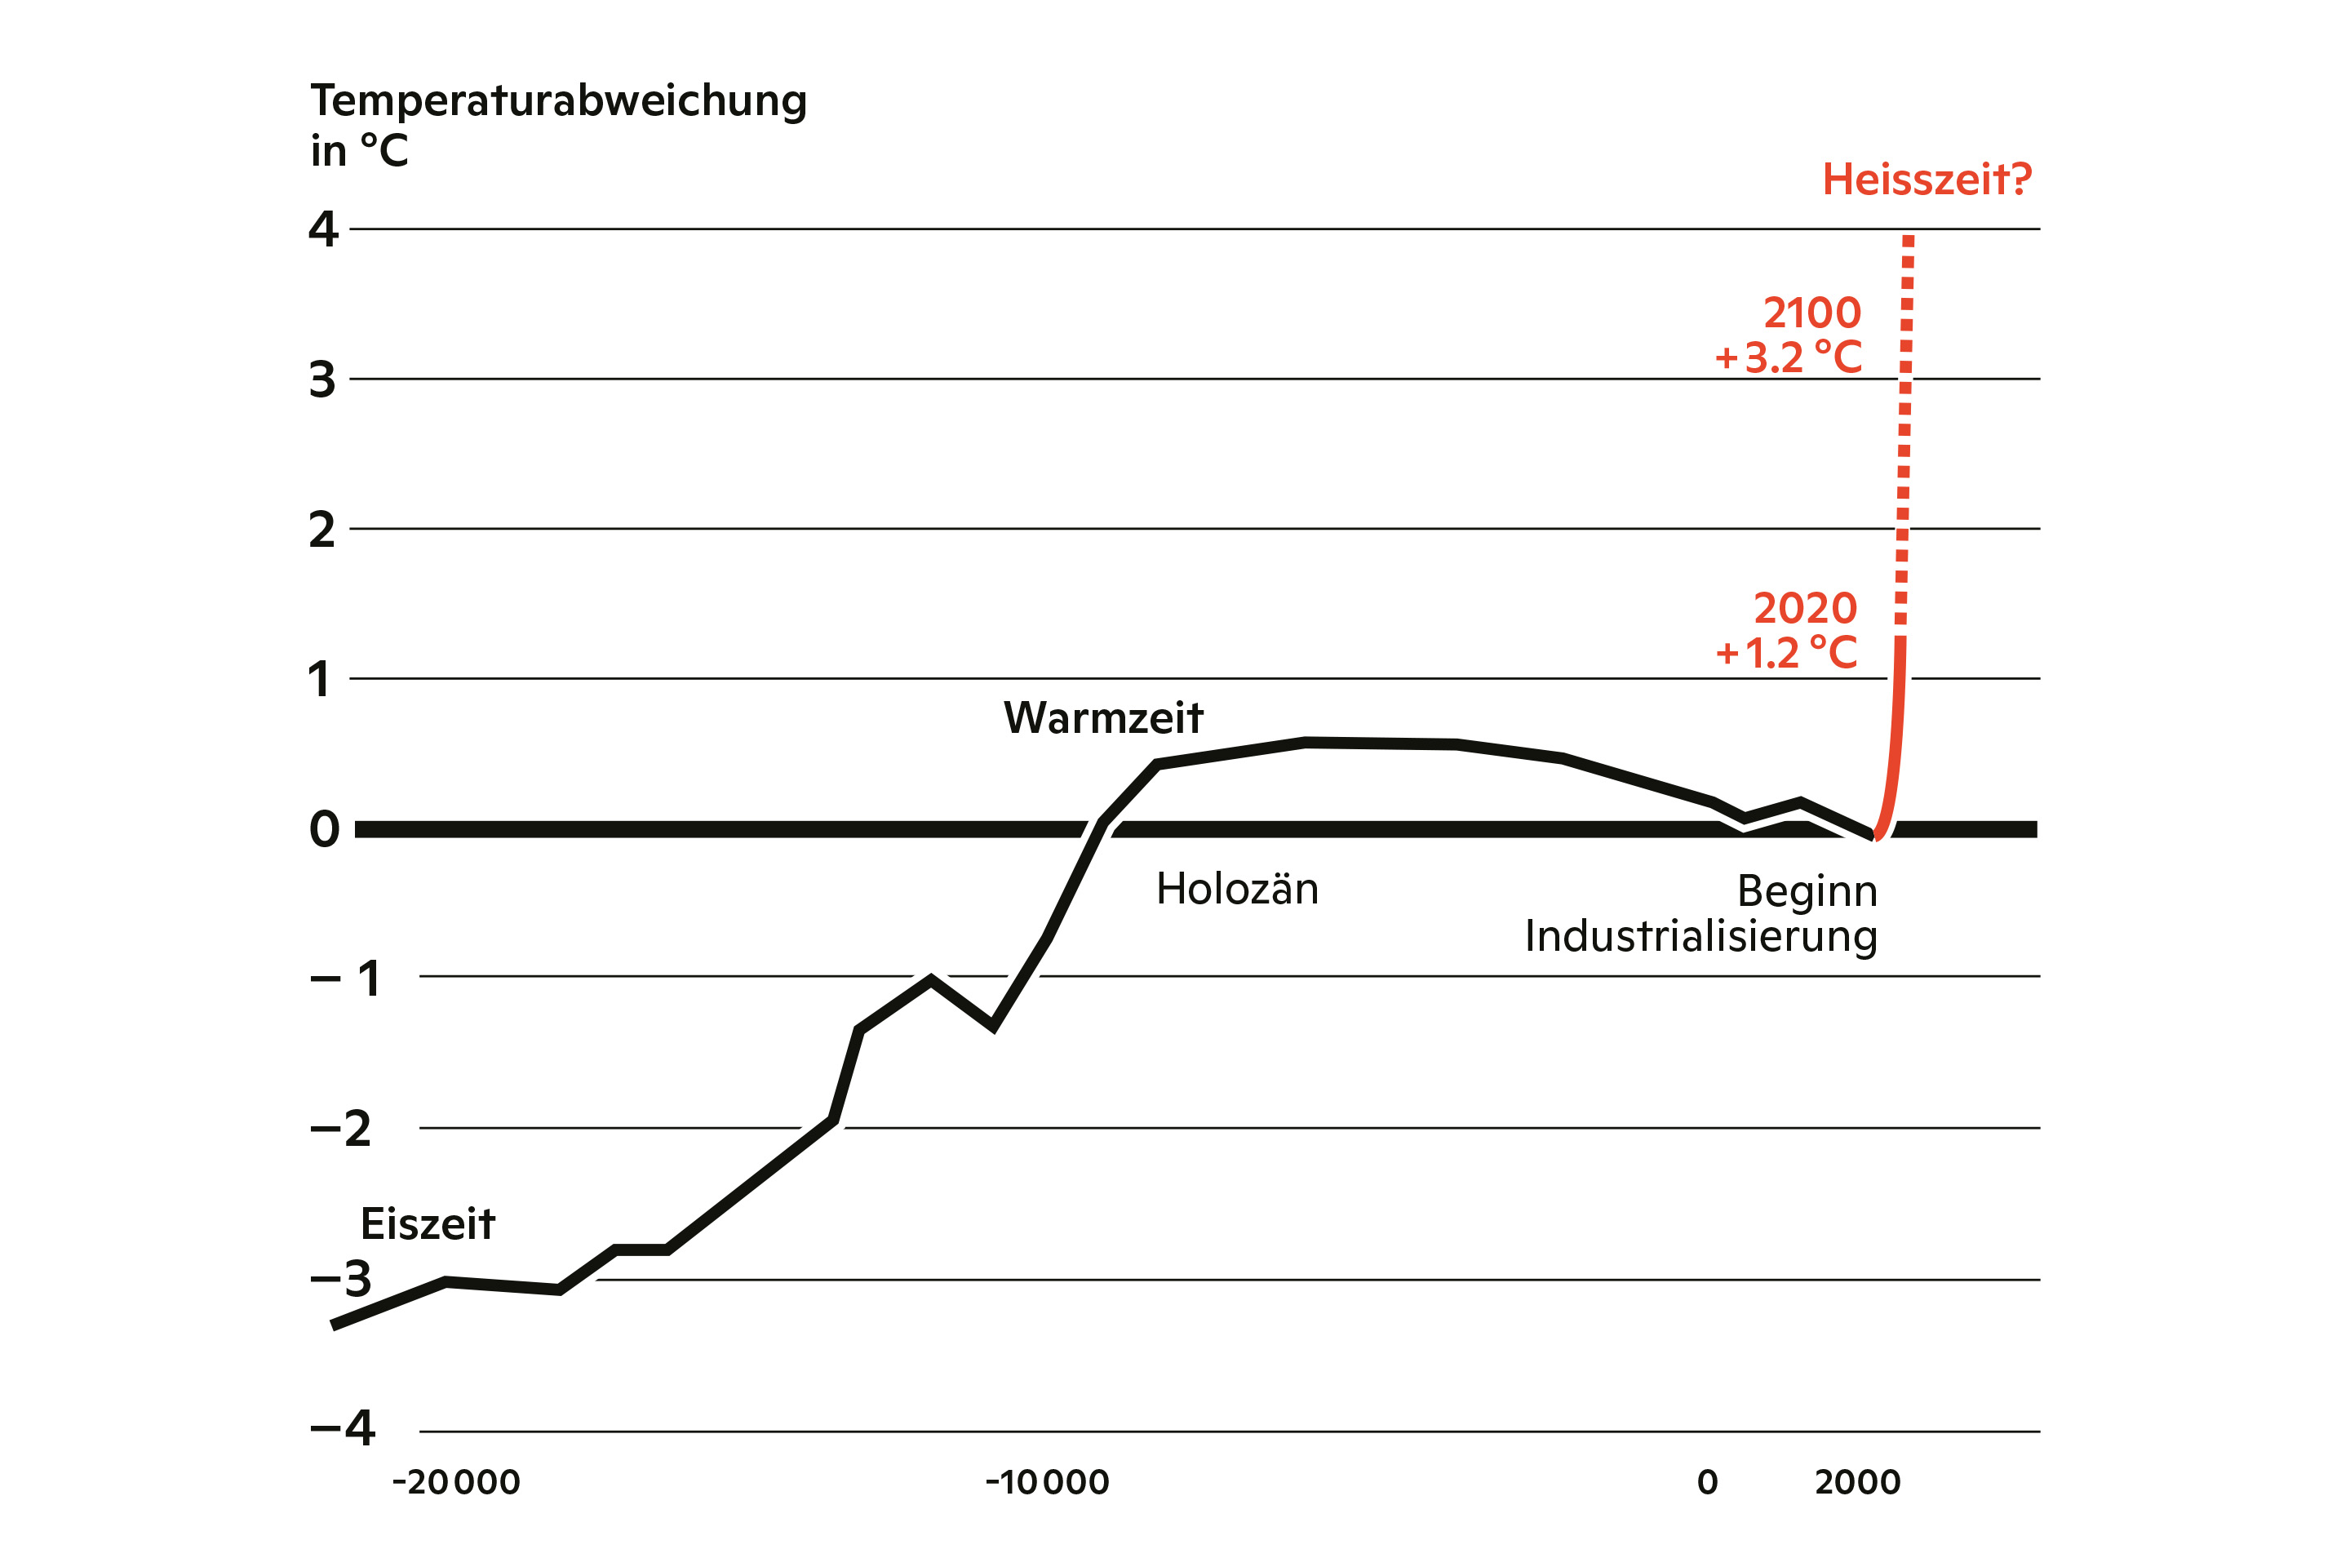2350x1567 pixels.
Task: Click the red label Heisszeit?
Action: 1927,180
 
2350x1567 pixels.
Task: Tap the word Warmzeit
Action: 1103,718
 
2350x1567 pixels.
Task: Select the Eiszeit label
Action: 428,1224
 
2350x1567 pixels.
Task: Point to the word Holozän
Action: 1237,890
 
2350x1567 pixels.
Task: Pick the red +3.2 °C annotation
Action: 1789,357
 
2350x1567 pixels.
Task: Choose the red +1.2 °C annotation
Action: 1786,654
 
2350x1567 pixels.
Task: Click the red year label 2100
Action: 1811,313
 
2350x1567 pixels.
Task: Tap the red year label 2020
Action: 1806,609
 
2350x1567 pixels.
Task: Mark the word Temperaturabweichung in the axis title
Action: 558,101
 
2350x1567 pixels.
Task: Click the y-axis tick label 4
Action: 324,230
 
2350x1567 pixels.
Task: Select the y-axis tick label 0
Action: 325,829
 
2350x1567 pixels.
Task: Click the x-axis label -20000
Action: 457,1482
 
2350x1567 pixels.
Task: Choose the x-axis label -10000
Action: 1047,1482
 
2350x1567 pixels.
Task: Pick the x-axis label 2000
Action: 1857,1482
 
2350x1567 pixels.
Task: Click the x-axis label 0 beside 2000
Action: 1708,1482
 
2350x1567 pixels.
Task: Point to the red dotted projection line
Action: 1905,430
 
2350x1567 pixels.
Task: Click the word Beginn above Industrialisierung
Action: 1807,891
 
